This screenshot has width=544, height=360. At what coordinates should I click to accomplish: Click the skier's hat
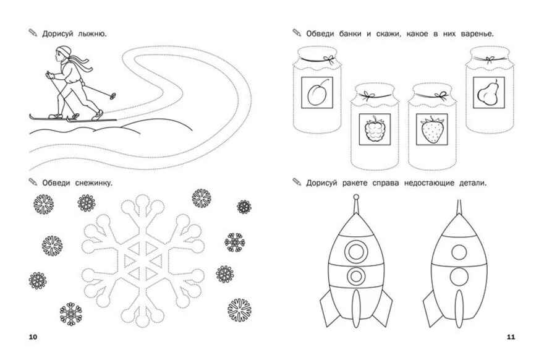[64, 51]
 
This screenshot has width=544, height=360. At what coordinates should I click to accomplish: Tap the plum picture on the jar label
[317, 93]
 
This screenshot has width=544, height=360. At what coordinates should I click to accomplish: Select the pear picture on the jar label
[488, 92]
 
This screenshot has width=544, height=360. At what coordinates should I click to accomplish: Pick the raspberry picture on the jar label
[375, 129]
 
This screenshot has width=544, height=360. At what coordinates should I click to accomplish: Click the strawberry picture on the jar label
[432, 129]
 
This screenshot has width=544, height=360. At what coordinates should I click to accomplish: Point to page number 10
[33, 337]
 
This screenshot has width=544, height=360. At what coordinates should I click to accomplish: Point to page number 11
[511, 337]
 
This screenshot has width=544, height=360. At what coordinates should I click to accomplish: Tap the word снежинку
[94, 183]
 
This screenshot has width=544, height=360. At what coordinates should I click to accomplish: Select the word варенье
[477, 34]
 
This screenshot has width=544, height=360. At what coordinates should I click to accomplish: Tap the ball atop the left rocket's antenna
[355, 197]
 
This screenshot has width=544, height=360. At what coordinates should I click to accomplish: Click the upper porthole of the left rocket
[356, 252]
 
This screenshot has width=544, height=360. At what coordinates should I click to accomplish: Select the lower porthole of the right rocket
[459, 276]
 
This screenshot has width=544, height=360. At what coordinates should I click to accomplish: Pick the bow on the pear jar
[490, 60]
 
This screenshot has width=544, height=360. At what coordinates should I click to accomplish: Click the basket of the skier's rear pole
[113, 96]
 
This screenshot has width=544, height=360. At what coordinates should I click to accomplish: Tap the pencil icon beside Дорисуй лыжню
[33, 33]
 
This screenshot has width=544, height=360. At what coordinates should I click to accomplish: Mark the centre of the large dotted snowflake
[143, 260]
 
